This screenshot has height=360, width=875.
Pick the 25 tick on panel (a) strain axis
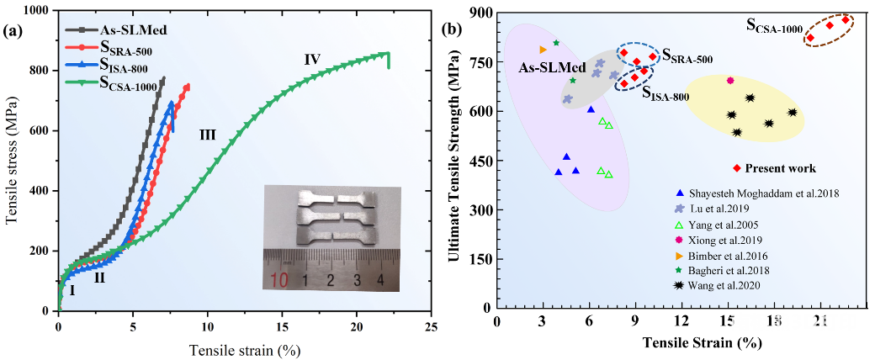pyautogui.click(x=432, y=326)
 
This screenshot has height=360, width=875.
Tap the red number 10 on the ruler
pyautogui.click(x=285, y=280)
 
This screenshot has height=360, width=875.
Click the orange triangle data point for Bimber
pyautogui.click(x=543, y=50)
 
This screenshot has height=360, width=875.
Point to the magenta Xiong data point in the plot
pyautogui.click(x=730, y=81)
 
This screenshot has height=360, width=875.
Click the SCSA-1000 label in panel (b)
pyautogui.click(x=774, y=26)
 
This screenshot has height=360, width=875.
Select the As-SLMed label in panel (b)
pyautogui.click(x=551, y=68)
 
